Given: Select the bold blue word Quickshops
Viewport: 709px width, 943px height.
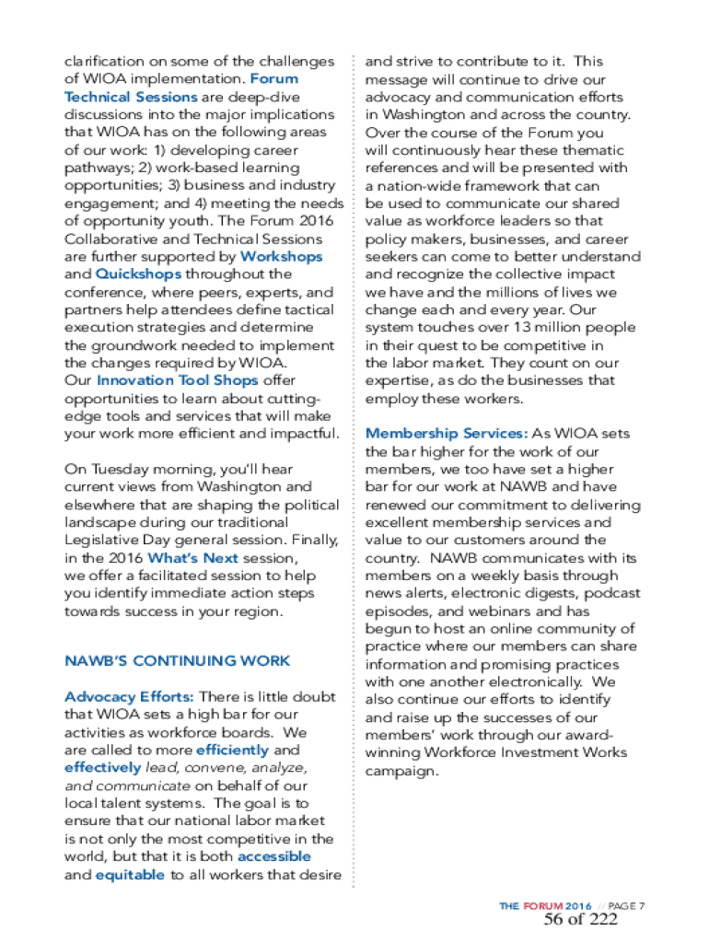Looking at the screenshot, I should point(136,274).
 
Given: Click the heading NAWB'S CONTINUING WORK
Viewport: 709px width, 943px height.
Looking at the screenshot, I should point(177,661).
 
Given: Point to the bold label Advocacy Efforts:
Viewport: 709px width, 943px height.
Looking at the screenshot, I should point(129,697).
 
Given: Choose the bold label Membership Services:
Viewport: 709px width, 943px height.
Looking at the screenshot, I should point(447,434).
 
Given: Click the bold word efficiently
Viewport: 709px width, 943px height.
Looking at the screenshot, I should point(234,751).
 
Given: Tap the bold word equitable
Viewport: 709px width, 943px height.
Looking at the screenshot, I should point(130,876).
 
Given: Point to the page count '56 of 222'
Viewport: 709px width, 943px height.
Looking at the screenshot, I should point(580,921).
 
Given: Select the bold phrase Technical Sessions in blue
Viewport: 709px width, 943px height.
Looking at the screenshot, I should point(131,97).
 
